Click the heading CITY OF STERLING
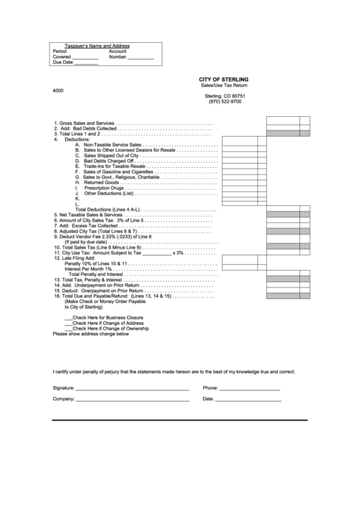[x=223, y=80]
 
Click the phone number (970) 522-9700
[x=225, y=102]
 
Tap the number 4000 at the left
[x=58, y=90]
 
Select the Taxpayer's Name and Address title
[x=96, y=46]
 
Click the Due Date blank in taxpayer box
[x=86, y=63]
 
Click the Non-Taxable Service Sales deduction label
[x=112, y=145]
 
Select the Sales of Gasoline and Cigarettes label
[x=118, y=172]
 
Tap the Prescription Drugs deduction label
[x=104, y=188]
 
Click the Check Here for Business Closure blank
[x=68, y=317]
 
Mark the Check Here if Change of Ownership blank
[x=68, y=328]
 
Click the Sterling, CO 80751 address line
[x=225, y=96]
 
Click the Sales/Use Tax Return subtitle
[x=224, y=85]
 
